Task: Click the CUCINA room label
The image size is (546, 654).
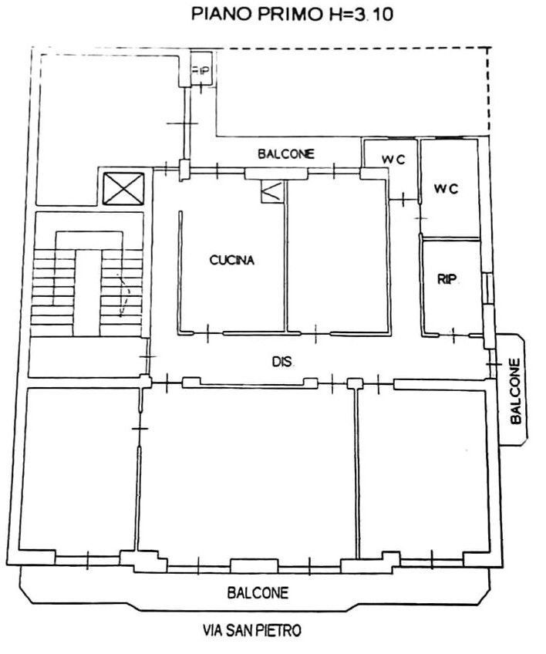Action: click(x=231, y=260)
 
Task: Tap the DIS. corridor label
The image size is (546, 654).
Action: click(x=283, y=361)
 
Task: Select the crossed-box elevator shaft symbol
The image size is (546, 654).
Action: click(x=123, y=190)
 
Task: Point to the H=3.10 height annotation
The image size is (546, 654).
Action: click(x=359, y=14)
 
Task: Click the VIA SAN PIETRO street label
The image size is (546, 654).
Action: click(x=252, y=630)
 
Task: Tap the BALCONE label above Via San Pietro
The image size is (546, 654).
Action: click(x=258, y=592)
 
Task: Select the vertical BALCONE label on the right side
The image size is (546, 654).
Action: click(x=516, y=391)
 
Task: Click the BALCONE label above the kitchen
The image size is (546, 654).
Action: click(x=285, y=154)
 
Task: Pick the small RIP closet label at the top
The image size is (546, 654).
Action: click(x=201, y=70)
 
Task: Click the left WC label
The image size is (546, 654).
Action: click(x=393, y=160)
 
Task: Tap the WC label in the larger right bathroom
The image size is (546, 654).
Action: click(x=446, y=189)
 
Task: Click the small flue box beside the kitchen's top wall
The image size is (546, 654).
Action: click(x=272, y=192)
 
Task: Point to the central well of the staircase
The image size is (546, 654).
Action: click(x=88, y=292)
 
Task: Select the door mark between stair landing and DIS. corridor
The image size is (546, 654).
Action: click(x=147, y=356)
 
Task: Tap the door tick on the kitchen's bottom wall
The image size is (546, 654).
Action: click(x=207, y=333)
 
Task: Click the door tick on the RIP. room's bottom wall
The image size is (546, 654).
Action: click(x=453, y=335)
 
